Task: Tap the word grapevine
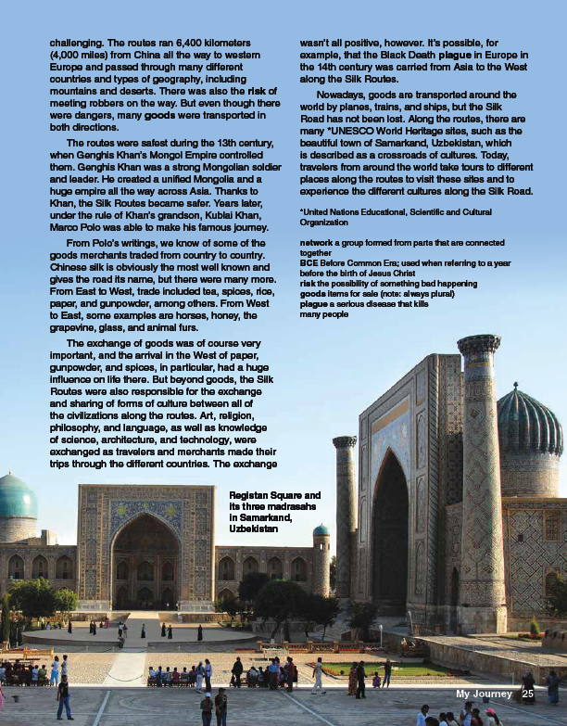[79, 312]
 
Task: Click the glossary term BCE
[309, 263]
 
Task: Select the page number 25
[528, 694]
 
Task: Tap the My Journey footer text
[484, 694]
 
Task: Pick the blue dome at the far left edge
[17, 497]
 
